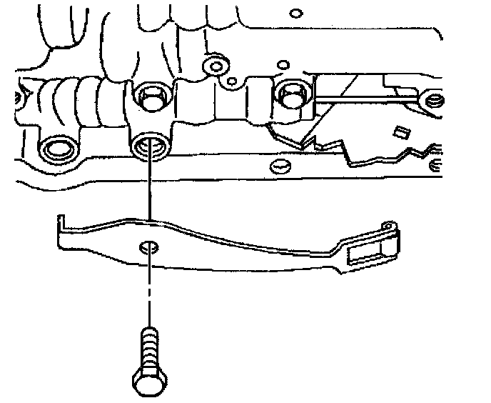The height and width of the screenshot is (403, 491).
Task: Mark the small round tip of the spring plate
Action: click(x=389, y=227)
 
